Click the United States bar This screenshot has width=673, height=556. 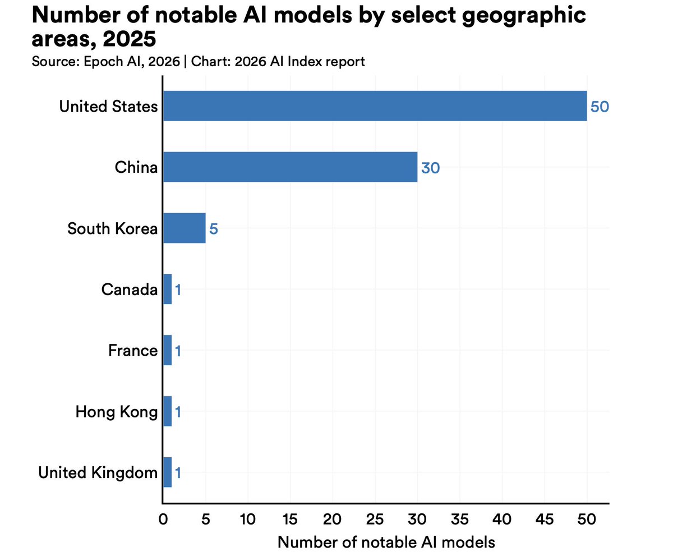click(375, 106)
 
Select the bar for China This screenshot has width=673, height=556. click(290, 167)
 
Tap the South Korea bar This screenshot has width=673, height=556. click(184, 228)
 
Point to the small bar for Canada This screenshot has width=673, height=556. click(167, 290)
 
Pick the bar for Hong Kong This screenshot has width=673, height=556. click(167, 412)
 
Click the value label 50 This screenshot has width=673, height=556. click(600, 107)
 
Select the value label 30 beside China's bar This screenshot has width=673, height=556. click(430, 168)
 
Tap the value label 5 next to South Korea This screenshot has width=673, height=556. click(213, 229)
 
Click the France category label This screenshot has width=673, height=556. click(133, 351)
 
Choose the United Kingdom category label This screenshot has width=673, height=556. click(98, 473)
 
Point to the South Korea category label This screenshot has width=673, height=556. click(112, 228)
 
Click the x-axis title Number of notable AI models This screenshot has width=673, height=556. click(386, 542)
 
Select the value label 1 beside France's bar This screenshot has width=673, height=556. click(178, 351)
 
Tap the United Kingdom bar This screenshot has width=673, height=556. click(167, 473)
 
